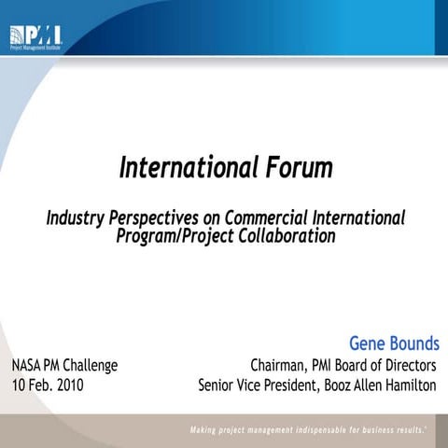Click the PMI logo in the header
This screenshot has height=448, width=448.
point(35,37)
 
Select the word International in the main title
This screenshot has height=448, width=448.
point(183,168)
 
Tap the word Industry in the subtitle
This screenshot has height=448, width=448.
point(76,218)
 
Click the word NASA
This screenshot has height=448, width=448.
point(29,365)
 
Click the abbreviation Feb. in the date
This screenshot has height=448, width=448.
point(38,384)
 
